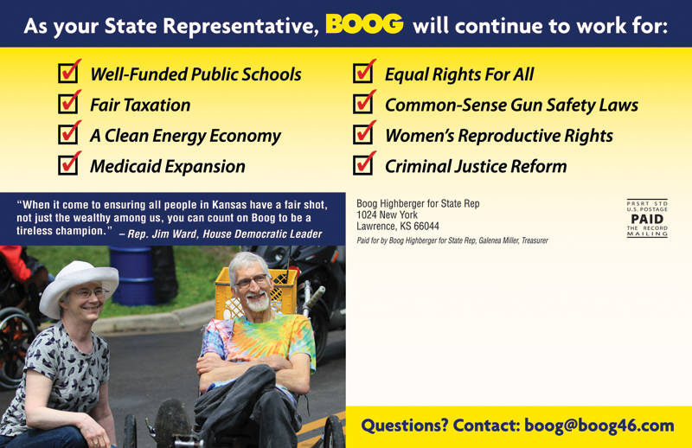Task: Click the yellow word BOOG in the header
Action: coord(364,24)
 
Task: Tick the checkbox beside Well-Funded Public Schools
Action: coord(68,74)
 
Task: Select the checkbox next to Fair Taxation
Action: coord(68,104)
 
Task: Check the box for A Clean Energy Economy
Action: coord(68,134)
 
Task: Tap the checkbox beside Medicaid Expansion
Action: coord(68,165)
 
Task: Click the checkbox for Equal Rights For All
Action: coord(362,74)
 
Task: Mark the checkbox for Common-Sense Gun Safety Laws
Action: coord(362,104)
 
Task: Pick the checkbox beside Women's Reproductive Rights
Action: coord(362,134)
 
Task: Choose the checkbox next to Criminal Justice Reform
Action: coord(362,165)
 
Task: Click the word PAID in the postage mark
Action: coord(647,219)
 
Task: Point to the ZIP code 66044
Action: coord(426,227)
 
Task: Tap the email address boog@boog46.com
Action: coord(599,426)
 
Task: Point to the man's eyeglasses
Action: coord(253,281)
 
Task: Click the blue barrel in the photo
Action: coord(131,275)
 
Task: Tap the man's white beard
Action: coord(258,303)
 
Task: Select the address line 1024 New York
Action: coord(387,215)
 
